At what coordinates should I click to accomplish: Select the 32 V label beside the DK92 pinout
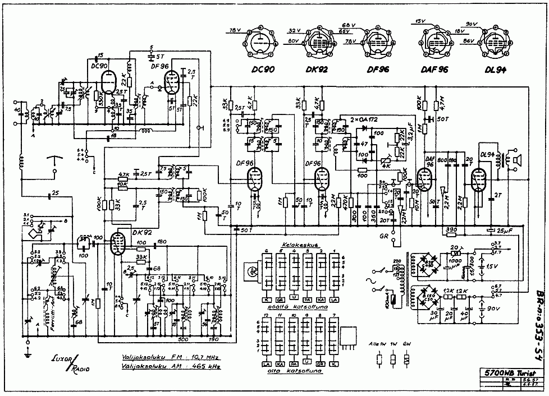click(x=295, y=30)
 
